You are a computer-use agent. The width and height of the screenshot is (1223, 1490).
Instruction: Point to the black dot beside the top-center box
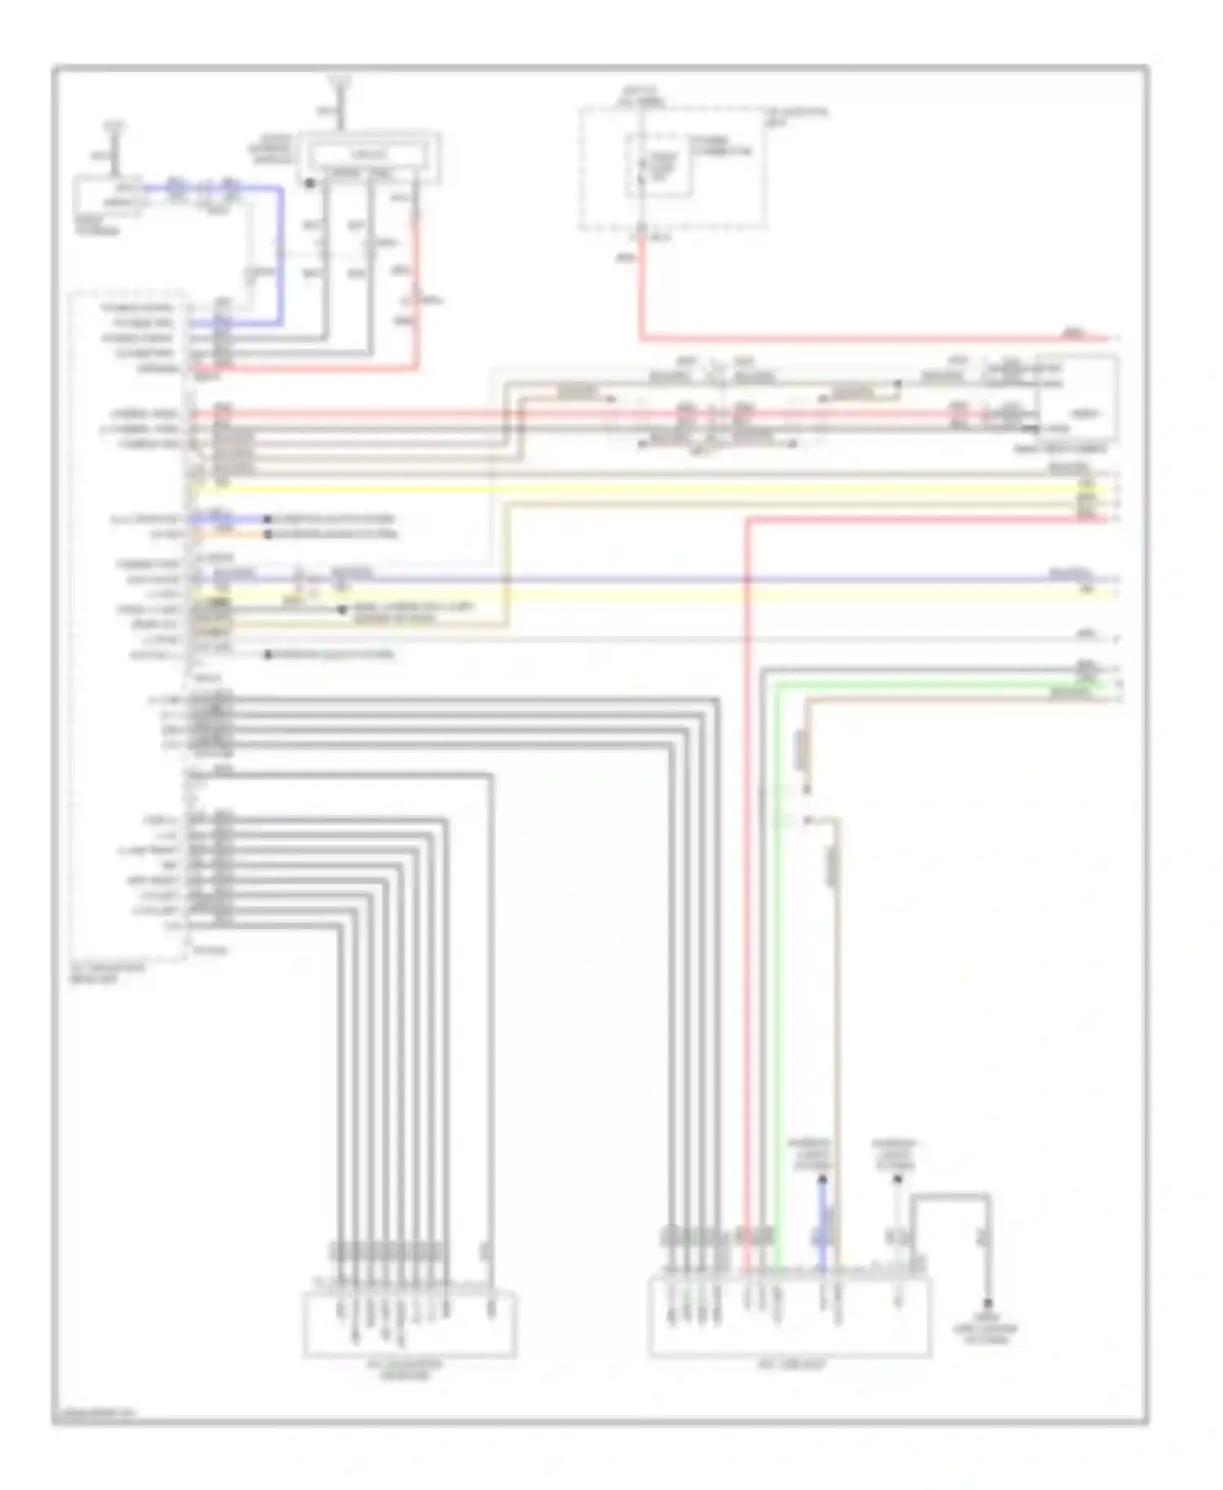click(x=310, y=183)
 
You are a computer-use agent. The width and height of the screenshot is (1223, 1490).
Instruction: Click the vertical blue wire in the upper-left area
click(x=282, y=253)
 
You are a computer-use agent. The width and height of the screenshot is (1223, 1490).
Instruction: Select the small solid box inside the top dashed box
click(x=659, y=166)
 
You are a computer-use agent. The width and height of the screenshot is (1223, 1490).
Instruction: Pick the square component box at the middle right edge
click(x=1076, y=400)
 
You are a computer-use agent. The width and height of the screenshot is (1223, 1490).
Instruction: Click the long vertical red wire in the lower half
click(x=747, y=897)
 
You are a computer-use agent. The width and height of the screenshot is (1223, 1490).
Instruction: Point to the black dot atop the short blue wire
click(x=823, y=1179)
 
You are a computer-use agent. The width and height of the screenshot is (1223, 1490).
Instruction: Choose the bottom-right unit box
click(x=789, y=1317)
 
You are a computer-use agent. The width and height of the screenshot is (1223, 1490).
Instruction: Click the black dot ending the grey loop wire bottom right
click(x=987, y=1303)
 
